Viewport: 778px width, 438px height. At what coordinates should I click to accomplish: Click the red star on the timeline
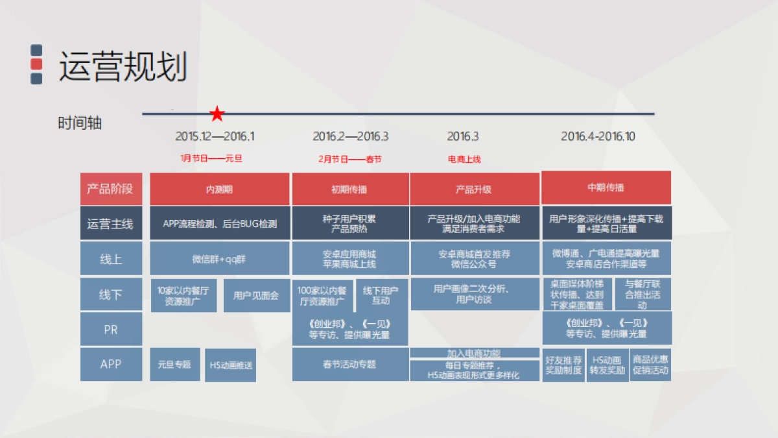pos(217,115)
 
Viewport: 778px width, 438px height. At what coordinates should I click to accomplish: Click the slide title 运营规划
pos(123,67)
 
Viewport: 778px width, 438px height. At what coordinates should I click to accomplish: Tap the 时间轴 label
pos(80,123)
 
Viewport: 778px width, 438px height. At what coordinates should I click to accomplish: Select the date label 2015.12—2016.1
pos(215,136)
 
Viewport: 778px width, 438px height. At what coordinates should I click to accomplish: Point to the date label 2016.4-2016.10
pos(598,136)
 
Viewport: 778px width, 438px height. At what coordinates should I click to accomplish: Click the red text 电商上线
pos(464,159)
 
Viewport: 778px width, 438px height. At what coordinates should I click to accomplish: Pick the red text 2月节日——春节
pos(350,159)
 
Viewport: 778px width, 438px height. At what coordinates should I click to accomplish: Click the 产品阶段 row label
pos(111,189)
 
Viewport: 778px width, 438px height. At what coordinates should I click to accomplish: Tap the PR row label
pos(111,330)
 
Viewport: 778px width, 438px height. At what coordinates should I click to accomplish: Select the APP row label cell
pos(111,364)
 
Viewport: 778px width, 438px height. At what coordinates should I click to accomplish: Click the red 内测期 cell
pos(219,189)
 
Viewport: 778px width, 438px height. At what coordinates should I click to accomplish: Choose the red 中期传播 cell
pos(606,188)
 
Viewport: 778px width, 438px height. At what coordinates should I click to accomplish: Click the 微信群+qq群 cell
pos(219,259)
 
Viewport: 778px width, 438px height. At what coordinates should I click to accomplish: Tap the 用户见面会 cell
pos(256,295)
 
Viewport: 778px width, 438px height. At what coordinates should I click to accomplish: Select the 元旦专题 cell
pos(174,364)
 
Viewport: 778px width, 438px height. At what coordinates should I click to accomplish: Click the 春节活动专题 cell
pos(349,364)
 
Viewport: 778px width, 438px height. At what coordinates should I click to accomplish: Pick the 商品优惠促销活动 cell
pos(650,365)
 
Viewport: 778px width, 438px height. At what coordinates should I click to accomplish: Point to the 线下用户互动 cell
pos(381,295)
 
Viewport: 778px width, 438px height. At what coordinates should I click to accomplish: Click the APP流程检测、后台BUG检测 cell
pos(219,224)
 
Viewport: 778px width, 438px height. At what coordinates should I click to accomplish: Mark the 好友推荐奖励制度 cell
pos(563,365)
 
